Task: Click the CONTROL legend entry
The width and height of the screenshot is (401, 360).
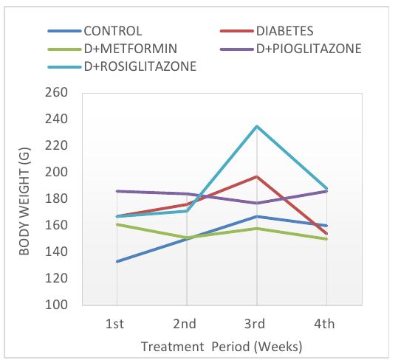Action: pyautogui.click(x=95, y=31)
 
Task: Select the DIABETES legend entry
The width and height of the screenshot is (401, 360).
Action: pyautogui.click(x=267, y=31)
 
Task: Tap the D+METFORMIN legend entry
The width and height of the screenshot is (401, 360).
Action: pyautogui.click(x=112, y=49)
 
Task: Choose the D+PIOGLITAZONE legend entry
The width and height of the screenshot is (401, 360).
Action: pyautogui.click(x=291, y=49)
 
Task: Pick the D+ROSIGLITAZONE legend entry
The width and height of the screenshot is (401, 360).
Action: pyautogui.click(x=122, y=66)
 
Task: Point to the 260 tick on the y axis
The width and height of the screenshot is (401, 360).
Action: pyautogui.click(x=56, y=92)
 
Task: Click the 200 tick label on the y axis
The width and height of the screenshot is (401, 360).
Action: pyautogui.click(x=56, y=172)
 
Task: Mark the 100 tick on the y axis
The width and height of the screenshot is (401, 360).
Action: pyautogui.click(x=56, y=305)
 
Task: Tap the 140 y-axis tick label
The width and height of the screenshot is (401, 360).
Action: pyautogui.click(x=56, y=252)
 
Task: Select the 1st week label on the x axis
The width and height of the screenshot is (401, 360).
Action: pyautogui.click(x=114, y=324)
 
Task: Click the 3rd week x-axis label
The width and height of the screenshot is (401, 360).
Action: pyautogui.click(x=255, y=324)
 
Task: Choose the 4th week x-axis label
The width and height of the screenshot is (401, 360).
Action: pyautogui.click(x=324, y=324)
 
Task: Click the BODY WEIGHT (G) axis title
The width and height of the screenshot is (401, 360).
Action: pyautogui.click(x=24, y=201)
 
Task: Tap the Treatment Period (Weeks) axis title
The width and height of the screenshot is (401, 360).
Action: pyautogui.click(x=222, y=347)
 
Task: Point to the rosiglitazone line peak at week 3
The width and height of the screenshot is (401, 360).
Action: pyautogui.click(x=257, y=126)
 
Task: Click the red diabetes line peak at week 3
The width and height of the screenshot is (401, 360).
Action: pyautogui.click(x=257, y=176)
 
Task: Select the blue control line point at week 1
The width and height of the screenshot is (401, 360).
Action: pyautogui.click(x=117, y=261)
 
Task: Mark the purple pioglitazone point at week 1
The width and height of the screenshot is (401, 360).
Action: pyautogui.click(x=117, y=191)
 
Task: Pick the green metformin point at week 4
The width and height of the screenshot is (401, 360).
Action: pyautogui.click(x=326, y=239)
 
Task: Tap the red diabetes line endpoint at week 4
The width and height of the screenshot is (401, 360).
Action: pyautogui.click(x=326, y=234)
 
